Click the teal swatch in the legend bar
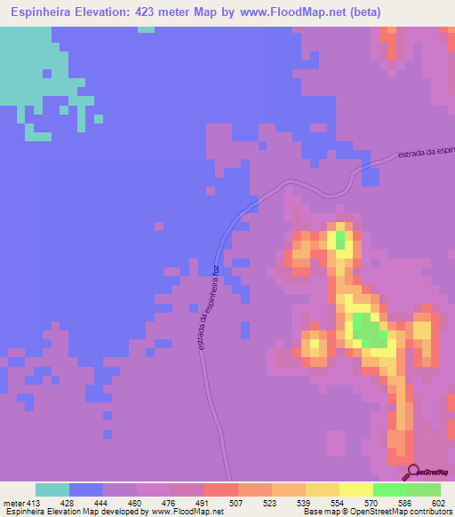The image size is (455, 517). pos(52,489)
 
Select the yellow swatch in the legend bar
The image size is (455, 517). pos(356,489)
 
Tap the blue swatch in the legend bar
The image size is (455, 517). pos(86,489)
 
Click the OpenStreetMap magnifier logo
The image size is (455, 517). pos(411,471)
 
